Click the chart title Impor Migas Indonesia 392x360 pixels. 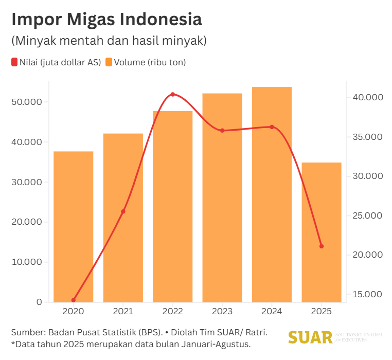(x=106, y=20)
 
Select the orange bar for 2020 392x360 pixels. (x=74, y=226)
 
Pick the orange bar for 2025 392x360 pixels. (x=322, y=232)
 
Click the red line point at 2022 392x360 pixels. (x=173, y=94)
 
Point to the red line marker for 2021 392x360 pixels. (x=123, y=211)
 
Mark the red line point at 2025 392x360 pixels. (x=322, y=246)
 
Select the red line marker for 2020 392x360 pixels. (x=74, y=300)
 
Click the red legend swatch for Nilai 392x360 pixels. (x=14, y=63)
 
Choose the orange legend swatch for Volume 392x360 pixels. (x=109, y=63)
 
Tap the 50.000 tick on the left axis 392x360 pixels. (x=26, y=102)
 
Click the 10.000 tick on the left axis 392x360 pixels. (x=26, y=262)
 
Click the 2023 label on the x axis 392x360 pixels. (x=222, y=312)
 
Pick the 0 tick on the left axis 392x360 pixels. (x=39, y=302)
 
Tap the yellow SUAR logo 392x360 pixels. (x=310, y=337)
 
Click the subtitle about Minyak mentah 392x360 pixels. (x=109, y=41)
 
